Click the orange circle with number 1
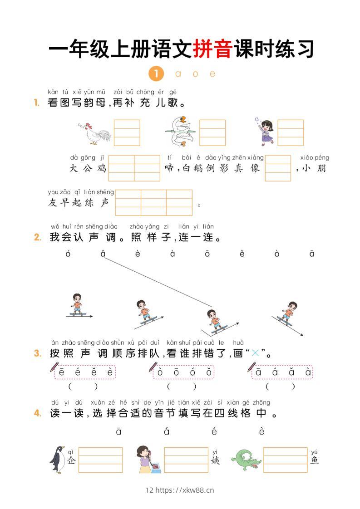tap(156, 73)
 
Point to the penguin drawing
tap(57, 460)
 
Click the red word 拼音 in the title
tap(212, 49)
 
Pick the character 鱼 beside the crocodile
tap(315, 460)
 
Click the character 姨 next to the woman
tap(215, 460)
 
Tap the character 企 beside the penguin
tap(71, 460)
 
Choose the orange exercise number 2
tap(38, 237)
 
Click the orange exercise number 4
tap(38, 413)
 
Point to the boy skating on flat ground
tap(78, 305)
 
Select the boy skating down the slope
tap(288, 314)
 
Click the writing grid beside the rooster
tap(127, 132)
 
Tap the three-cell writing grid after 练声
tap(153, 202)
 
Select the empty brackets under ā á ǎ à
tap(280, 387)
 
